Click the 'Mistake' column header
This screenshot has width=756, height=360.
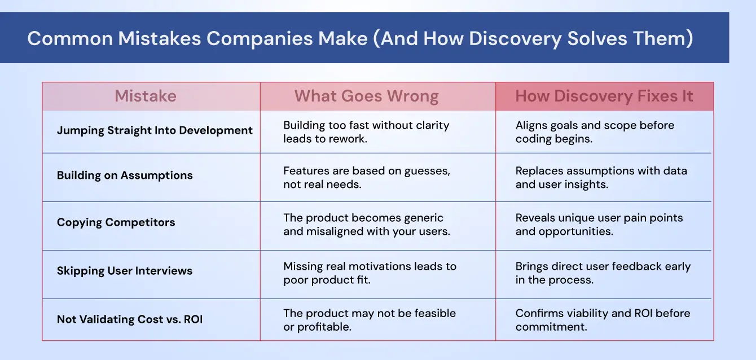[146, 96]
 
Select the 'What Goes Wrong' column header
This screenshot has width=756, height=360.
[367, 96]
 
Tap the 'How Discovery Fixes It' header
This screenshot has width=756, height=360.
[604, 96]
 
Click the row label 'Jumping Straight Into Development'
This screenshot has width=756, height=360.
[155, 130]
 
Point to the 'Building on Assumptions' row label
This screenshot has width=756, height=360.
[125, 175]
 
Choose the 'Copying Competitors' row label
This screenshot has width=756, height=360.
[116, 222]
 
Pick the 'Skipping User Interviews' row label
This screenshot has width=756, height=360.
[125, 271]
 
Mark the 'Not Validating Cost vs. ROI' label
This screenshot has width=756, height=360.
[130, 319]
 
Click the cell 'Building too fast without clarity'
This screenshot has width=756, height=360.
[366, 132]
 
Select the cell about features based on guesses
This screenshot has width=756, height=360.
[367, 178]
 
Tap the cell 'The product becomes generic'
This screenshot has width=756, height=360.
[367, 225]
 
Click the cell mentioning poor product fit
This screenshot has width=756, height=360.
[370, 273]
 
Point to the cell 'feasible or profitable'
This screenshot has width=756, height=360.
[369, 320]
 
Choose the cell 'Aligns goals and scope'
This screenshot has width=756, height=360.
[595, 132]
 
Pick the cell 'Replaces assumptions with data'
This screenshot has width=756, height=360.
[601, 178]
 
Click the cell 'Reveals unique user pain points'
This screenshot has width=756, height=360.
[599, 225]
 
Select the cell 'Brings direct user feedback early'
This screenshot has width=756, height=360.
[603, 273]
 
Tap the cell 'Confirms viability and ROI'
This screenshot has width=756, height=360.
[603, 320]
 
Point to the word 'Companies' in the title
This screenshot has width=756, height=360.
[260, 39]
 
